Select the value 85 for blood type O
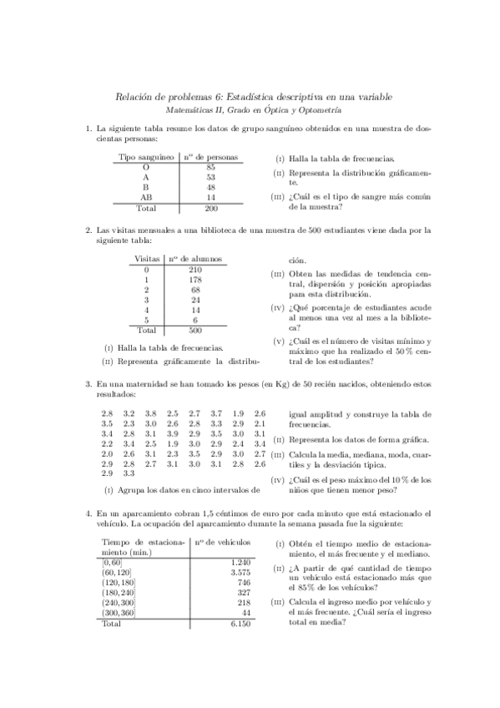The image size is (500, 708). tap(210, 167)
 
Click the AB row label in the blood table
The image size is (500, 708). tap(146, 197)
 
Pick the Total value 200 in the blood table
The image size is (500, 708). tap(210, 208)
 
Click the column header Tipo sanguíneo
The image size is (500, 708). tap(146, 156)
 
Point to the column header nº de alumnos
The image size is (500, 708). tap(195, 259)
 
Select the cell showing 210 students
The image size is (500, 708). tap(195, 270)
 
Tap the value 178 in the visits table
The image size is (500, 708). tap(195, 280)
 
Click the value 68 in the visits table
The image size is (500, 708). tap(195, 290)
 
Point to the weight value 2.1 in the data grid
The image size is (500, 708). tap(260, 423)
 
